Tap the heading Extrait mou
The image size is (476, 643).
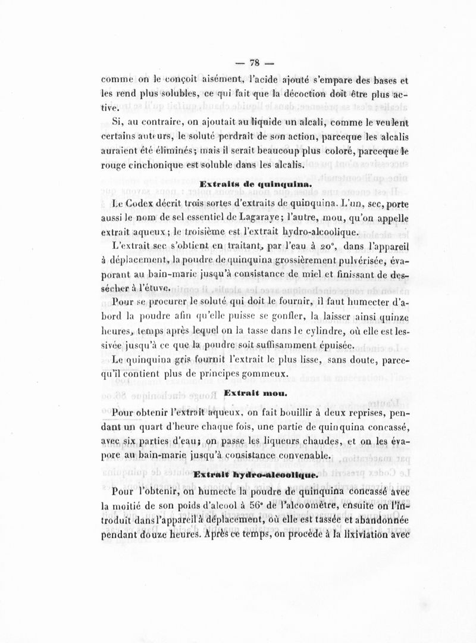click(x=248, y=394)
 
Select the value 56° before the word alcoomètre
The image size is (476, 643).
click(x=247, y=505)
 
